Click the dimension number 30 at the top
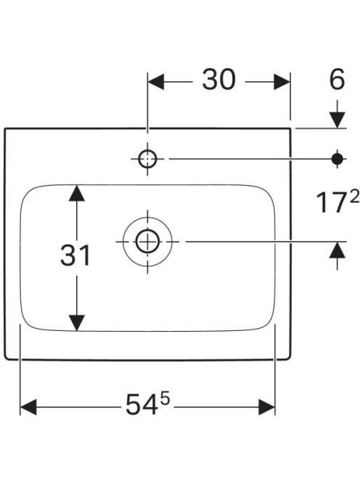(219, 80)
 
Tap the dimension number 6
(337, 79)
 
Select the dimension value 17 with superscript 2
(337, 202)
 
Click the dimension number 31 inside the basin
(75, 255)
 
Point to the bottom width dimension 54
(147, 404)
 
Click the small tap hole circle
(147, 159)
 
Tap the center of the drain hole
(147, 241)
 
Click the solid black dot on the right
(337, 159)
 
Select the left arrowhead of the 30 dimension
(156, 82)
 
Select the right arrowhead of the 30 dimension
(282, 82)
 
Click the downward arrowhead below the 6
(337, 120)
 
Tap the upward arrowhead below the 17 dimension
(337, 250)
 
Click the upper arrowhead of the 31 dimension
(76, 193)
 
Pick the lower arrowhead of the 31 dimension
(76, 323)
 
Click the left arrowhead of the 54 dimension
(28, 407)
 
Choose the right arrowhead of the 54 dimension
(267, 407)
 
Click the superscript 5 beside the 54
(165, 400)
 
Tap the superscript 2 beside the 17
(354, 197)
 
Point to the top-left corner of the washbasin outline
(5, 128)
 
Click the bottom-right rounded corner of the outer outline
(289, 356)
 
